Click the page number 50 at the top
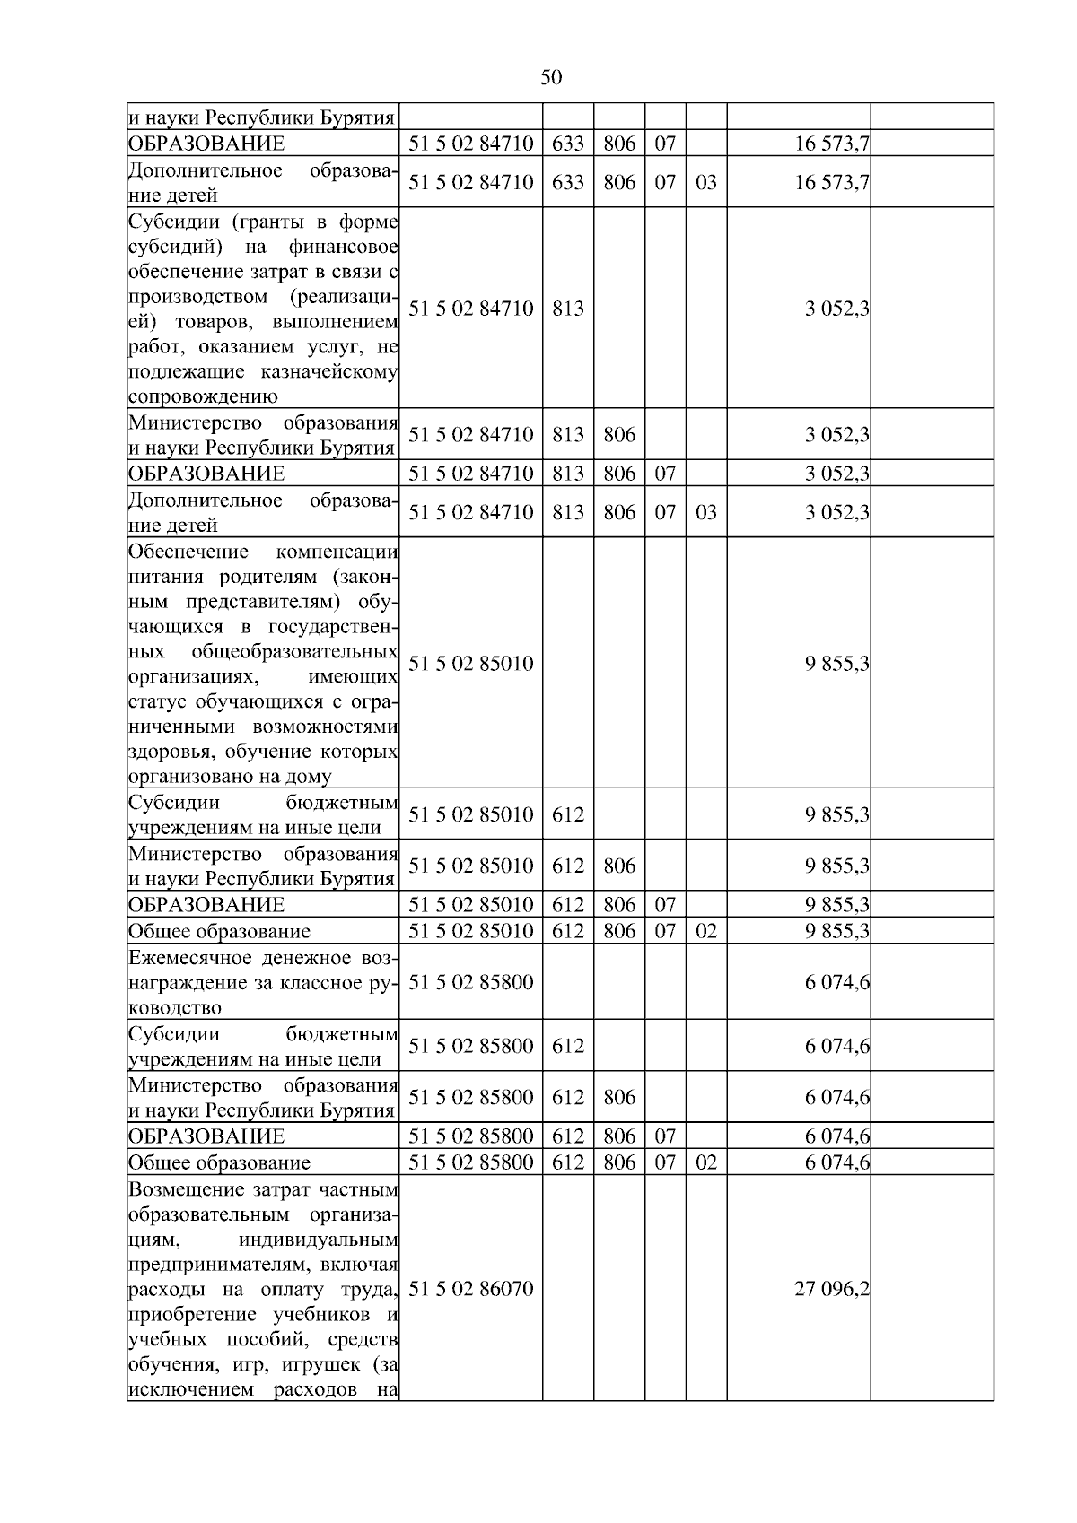tap(551, 78)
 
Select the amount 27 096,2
tap(831, 1289)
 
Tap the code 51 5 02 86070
tap(470, 1289)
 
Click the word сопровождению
tap(203, 396)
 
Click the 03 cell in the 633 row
tap(705, 182)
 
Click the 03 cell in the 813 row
tap(705, 512)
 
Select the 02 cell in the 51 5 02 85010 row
tap(705, 930)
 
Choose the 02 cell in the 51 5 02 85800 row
tap(705, 1162)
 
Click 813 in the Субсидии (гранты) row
tap(567, 309)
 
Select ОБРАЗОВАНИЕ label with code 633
tap(206, 144)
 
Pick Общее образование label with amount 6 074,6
tap(219, 1162)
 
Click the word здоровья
tap(168, 752)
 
